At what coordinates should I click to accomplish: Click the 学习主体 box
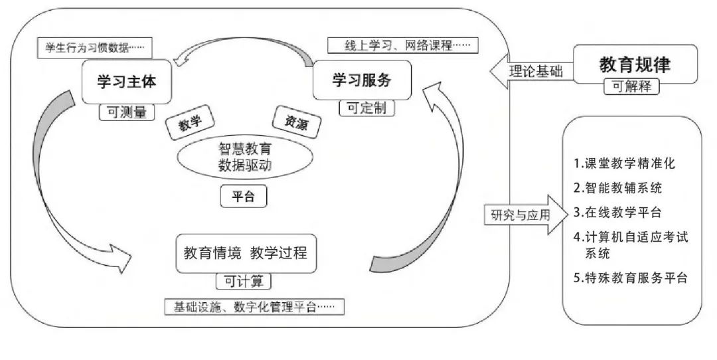pyautogui.click(x=127, y=82)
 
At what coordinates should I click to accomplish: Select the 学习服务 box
pyautogui.click(x=362, y=80)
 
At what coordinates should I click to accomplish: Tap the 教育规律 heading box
pyautogui.click(x=635, y=64)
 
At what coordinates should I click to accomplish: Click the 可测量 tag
pyautogui.click(x=127, y=112)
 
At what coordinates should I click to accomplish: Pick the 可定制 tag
pyautogui.click(x=366, y=108)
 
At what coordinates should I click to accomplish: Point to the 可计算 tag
pyautogui.click(x=243, y=282)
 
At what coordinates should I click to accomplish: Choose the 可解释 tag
pyautogui.click(x=631, y=86)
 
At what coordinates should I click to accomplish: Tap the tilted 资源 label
pyautogui.click(x=297, y=122)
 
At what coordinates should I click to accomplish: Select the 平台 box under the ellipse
pyautogui.click(x=243, y=197)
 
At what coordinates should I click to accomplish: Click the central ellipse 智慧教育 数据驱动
pyautogui.click(x=245, y=157)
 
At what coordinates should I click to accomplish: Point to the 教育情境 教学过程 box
pyautogui.click(x=246, y=254)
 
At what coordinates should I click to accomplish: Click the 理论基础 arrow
pyautogui.click(x=532, y=71)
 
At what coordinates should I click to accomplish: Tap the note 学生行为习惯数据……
pyautogui.click(x=94, y=48)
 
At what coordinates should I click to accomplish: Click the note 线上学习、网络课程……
pyautogui.click(x=403, y=45)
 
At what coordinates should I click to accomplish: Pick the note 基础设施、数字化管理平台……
pyautogui.click(x=254, y=307)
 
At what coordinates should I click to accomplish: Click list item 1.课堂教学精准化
pyautogui.click(x=625, y=163)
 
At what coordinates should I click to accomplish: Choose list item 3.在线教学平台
pyautogui.click(x=618, y=213)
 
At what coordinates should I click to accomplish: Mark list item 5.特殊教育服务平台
pyautogui.click(x=631, y=278)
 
